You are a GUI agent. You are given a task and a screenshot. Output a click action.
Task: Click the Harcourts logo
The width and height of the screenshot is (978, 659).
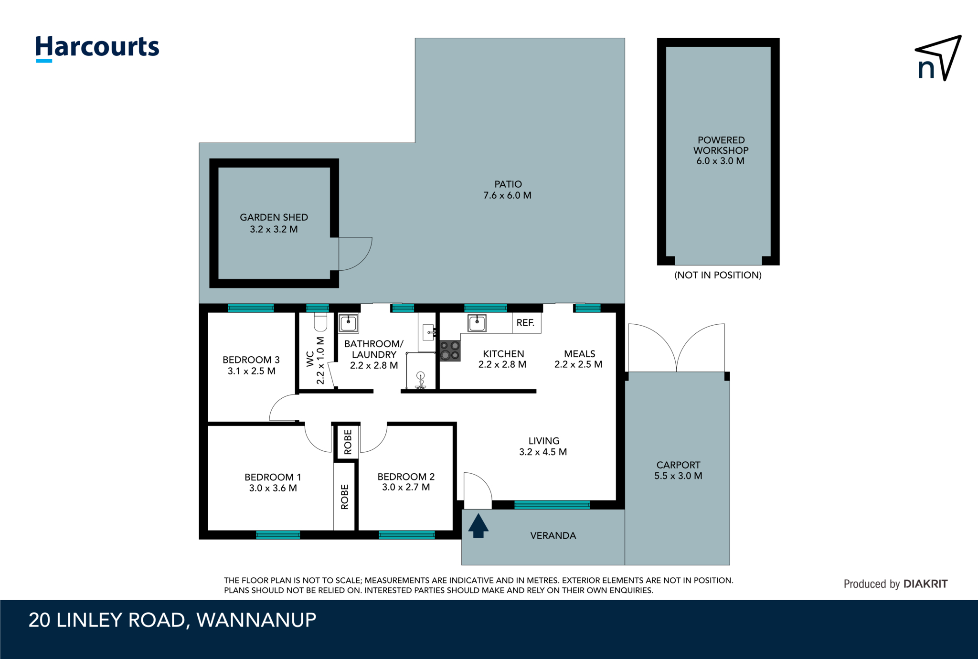97,48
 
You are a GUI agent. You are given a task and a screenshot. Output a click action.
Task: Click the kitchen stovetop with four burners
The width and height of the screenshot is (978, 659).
450,351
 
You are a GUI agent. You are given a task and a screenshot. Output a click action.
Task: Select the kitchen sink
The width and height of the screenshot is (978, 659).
477,323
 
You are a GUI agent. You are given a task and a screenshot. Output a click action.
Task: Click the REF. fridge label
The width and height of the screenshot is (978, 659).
525,323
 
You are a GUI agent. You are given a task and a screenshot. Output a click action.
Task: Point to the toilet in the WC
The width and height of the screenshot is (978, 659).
320,322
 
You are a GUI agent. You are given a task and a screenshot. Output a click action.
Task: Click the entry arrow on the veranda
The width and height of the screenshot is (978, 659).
478,525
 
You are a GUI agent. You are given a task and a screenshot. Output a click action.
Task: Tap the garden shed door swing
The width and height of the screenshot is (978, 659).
354,254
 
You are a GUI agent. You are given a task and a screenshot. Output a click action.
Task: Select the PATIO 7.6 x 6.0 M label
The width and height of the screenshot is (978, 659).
508,190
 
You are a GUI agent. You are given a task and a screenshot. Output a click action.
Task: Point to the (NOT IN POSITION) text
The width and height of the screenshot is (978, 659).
718,275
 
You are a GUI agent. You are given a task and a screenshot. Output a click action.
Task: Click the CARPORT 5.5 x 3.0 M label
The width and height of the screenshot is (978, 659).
678,470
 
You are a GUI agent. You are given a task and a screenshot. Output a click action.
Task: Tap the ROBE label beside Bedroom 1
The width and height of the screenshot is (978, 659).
345,497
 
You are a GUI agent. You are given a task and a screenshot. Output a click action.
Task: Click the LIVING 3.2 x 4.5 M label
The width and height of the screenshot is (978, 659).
543,446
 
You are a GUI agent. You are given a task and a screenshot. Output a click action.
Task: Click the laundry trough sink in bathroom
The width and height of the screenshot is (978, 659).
348,323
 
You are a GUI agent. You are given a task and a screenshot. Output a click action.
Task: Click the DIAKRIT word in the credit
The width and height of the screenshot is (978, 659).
925,584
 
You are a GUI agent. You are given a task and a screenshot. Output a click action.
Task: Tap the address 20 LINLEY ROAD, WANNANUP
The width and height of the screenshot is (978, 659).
172,620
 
